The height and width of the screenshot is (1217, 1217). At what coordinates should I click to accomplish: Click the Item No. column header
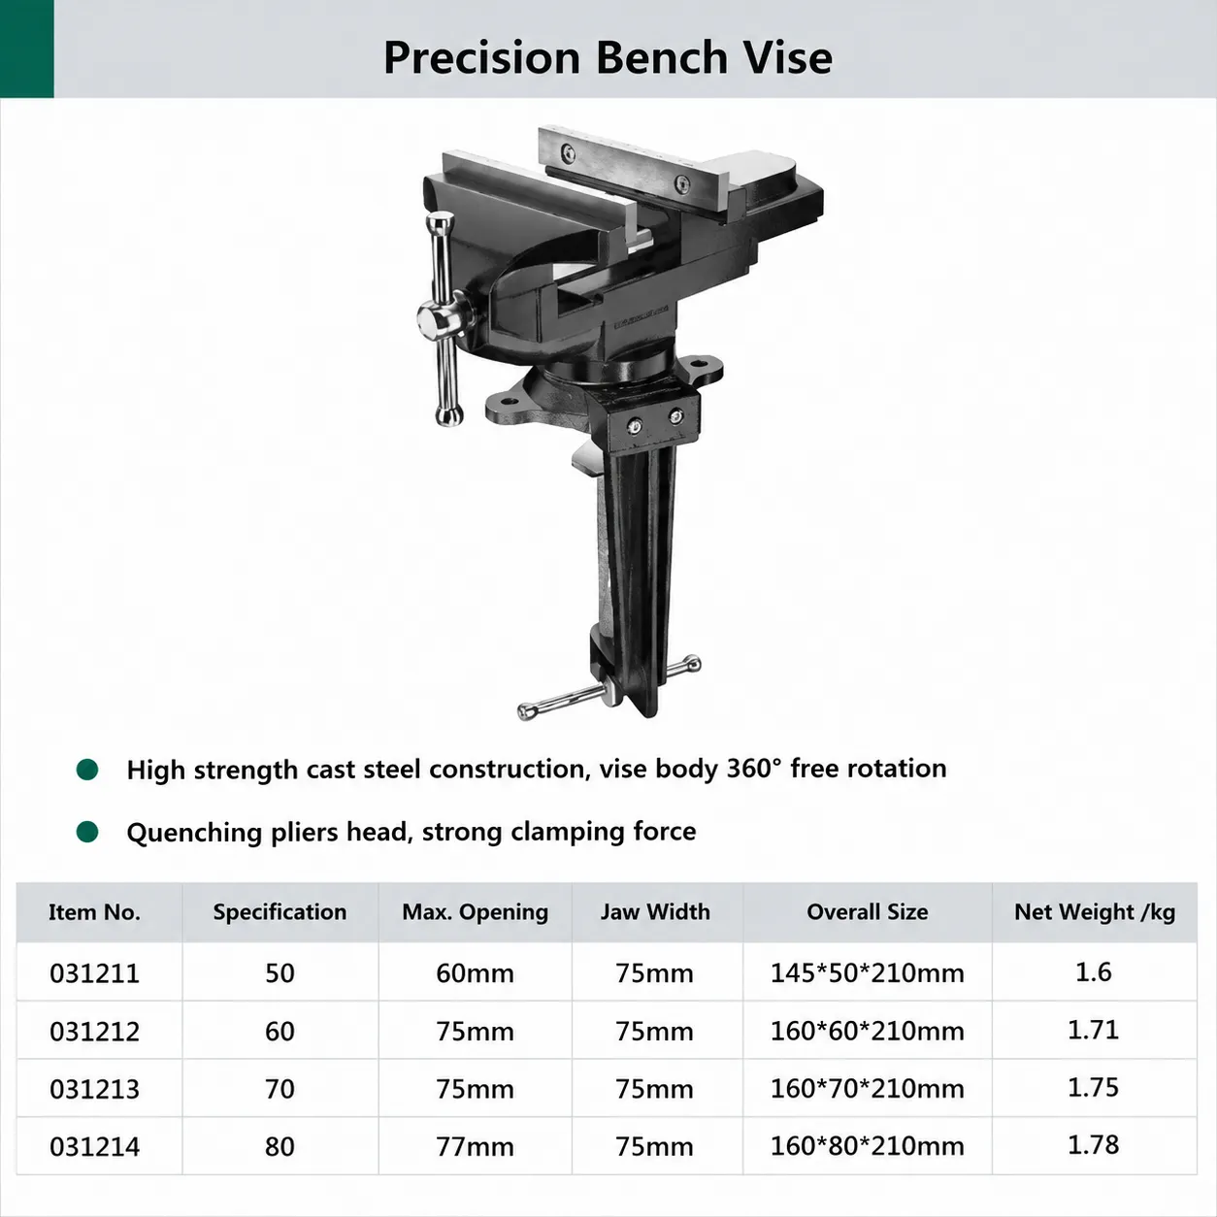[95, 912]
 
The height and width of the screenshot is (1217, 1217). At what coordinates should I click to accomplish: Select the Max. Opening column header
[475, 912]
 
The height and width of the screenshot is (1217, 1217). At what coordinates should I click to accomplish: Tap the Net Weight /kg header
[1095, 912]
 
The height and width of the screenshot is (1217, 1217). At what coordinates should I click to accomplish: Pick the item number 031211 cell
[95, 973]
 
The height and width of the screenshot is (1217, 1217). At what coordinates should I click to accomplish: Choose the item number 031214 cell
[95, 1147]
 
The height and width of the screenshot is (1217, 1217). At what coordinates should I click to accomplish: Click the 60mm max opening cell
[475, 973]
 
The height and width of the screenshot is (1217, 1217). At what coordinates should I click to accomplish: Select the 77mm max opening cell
[475, 1147]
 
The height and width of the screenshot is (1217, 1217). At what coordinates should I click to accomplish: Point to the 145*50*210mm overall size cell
[867, 973]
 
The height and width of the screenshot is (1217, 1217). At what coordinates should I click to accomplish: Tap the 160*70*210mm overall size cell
[867, 1089]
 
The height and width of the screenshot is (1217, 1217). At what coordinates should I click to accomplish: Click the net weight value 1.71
[1093, 1030]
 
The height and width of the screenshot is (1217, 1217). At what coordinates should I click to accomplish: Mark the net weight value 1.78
[1093, 1145]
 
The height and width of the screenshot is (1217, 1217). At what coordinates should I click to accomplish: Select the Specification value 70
[280, 1090]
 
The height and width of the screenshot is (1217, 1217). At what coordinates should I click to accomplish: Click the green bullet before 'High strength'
[87, 770]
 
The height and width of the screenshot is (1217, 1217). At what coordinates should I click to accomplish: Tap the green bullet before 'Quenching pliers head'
[87, 832]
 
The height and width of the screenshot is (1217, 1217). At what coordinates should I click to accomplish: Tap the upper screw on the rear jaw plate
[569, 152]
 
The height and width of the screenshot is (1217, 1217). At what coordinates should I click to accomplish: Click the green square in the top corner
[26, 49]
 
